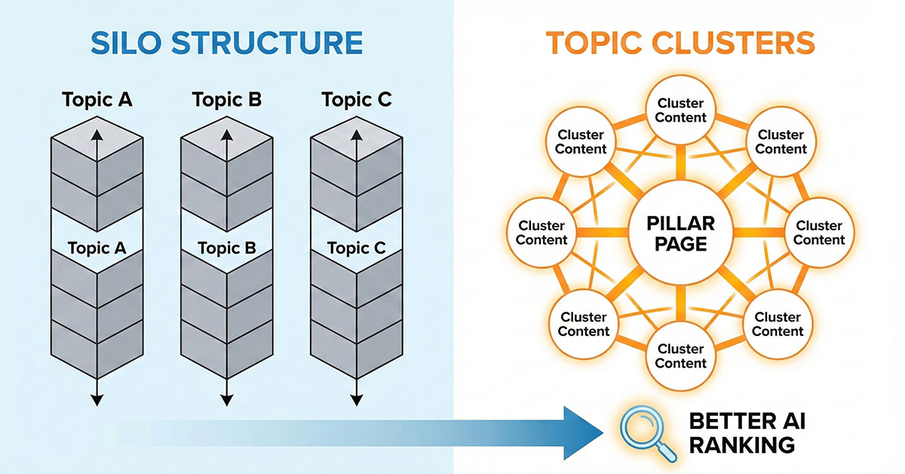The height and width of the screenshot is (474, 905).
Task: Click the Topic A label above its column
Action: [x=97, y=100]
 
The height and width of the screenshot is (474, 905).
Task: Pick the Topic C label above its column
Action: [x=357, y=100]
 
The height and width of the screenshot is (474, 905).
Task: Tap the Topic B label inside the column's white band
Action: [x=227, y=248]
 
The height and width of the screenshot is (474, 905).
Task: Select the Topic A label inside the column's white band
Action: [x=97, y=248]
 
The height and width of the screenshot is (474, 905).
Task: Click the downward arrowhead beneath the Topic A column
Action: [x=97, y=400]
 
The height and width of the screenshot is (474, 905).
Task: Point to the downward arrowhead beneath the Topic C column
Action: [x=357, y=400]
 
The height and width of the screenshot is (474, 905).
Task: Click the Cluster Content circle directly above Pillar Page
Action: [x=680, y=110]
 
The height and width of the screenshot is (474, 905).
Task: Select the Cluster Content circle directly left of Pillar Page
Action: [x=541, y=232]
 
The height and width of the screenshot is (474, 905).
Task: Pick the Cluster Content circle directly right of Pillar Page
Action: [x=819, y=232]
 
